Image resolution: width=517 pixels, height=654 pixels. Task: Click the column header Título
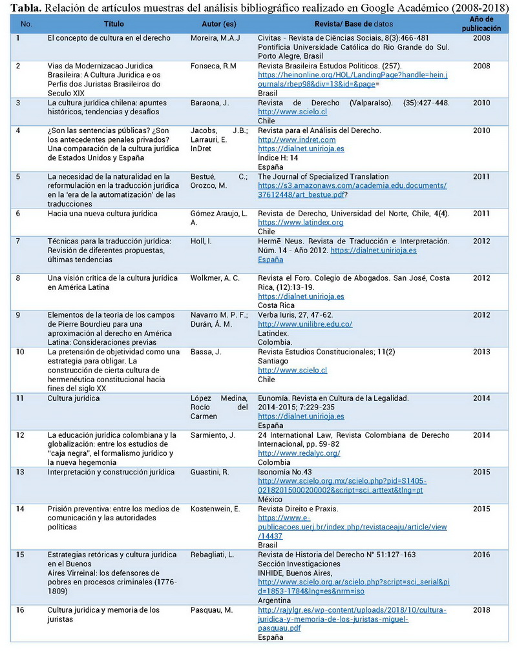point(114,24)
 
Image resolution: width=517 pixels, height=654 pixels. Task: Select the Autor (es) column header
point(219,24)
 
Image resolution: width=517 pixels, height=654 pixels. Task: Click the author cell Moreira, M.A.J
point(215,38)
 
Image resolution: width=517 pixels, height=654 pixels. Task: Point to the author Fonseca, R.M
point(214,66)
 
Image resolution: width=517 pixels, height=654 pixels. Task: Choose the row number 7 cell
point(18,241)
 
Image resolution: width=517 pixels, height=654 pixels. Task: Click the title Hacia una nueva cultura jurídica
point(102,213)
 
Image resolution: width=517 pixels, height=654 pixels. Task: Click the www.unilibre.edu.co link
point(305,324)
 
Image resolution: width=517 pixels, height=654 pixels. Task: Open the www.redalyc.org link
point(299,453)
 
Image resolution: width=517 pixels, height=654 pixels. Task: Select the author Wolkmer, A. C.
point(215,278)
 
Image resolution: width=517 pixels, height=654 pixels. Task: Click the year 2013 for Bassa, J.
point(481,352)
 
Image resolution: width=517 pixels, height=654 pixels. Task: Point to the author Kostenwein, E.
point(215,509)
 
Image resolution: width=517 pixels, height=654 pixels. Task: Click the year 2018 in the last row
point(481,610)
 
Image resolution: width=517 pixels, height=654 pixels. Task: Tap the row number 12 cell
point(19,435)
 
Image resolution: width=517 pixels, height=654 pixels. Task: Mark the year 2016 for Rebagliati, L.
point(481,555)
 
